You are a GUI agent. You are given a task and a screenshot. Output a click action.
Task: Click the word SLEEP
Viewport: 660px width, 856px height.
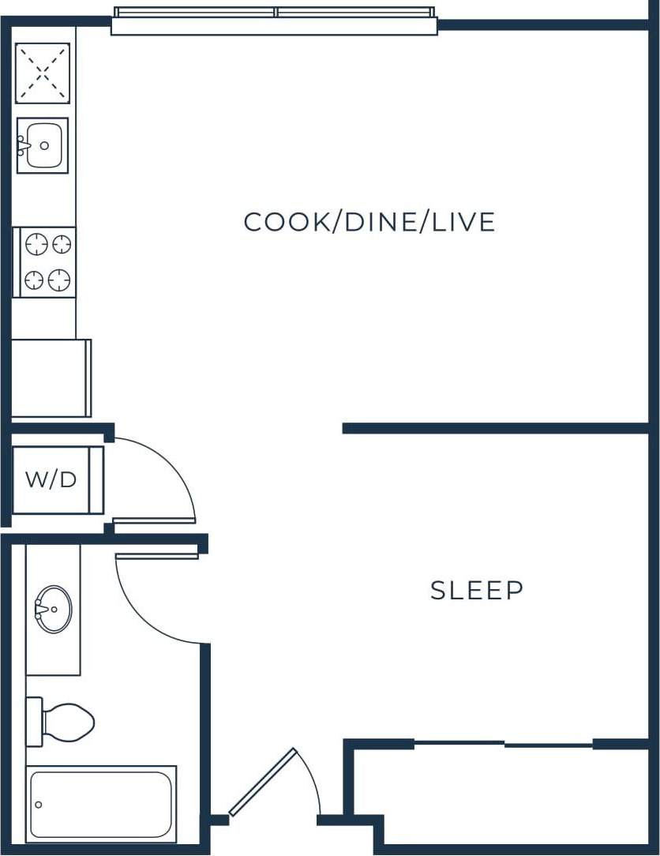tap(477, 591)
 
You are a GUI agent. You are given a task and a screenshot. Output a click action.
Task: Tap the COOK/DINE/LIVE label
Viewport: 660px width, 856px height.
tap(369, 222)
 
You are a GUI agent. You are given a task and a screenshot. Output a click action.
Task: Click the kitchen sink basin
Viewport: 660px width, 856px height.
tap(44, 145)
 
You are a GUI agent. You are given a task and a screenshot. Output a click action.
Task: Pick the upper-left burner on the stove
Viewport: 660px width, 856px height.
tap(36, 245)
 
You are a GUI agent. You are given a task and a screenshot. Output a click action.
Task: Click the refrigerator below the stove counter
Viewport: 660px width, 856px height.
tap(50, 378)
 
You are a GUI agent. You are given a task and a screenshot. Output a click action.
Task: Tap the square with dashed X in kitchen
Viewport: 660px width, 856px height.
tap(43, 73)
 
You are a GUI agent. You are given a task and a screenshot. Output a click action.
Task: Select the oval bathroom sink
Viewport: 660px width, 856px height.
tap(54, 609)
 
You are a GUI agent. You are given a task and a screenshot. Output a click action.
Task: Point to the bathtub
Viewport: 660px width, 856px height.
tap(101, 804)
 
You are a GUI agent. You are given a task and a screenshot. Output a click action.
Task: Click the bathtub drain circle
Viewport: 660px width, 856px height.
tap(38, 805)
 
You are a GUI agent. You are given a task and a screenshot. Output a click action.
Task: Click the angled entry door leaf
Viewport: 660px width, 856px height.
tap(262, 782)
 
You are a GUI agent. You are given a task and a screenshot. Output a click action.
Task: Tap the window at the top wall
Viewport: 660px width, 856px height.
tap(274, 21)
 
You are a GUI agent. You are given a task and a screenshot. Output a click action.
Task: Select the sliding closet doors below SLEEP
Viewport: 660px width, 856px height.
tap(504, 744)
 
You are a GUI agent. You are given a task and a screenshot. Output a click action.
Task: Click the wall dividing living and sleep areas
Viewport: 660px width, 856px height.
tap(495, 428)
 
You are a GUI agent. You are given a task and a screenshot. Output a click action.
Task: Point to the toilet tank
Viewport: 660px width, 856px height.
tap(34, 722)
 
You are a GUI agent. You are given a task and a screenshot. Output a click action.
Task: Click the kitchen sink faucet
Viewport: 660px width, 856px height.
tap(24, 145)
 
